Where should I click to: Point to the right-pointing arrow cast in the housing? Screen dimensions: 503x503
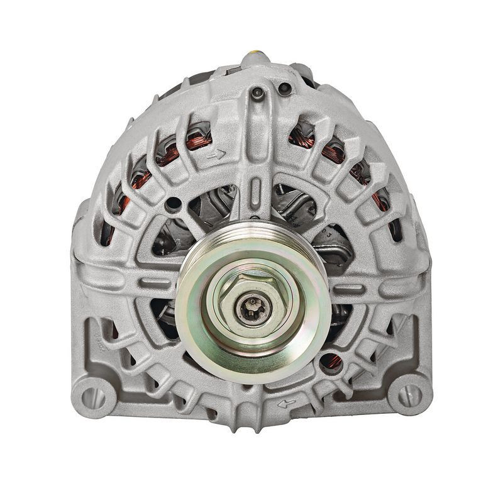coord(218,152)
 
